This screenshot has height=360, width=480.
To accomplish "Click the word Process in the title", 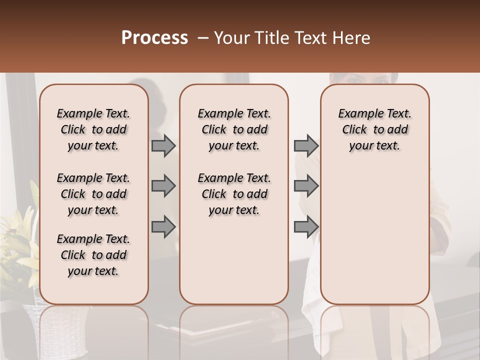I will point(154,38).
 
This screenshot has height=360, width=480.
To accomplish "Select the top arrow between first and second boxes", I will point(163,146).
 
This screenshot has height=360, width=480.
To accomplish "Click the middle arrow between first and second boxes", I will point(163,186).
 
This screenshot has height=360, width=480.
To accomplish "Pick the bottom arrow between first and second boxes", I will point(163,226).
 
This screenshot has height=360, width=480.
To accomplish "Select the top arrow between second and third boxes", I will point(306,146).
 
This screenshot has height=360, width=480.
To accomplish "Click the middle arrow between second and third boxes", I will point(306,186).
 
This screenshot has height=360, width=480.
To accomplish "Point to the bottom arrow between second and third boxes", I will point(306,226).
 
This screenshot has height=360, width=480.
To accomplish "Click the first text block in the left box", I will point(93,129).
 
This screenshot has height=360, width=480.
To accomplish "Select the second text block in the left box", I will point(93,194).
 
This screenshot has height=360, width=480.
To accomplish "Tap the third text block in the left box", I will point(93,255).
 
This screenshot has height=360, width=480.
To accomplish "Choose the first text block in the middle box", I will point(234,129).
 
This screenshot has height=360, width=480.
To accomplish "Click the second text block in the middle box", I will point(234,194).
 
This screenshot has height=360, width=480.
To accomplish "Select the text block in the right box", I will point(374,129).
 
